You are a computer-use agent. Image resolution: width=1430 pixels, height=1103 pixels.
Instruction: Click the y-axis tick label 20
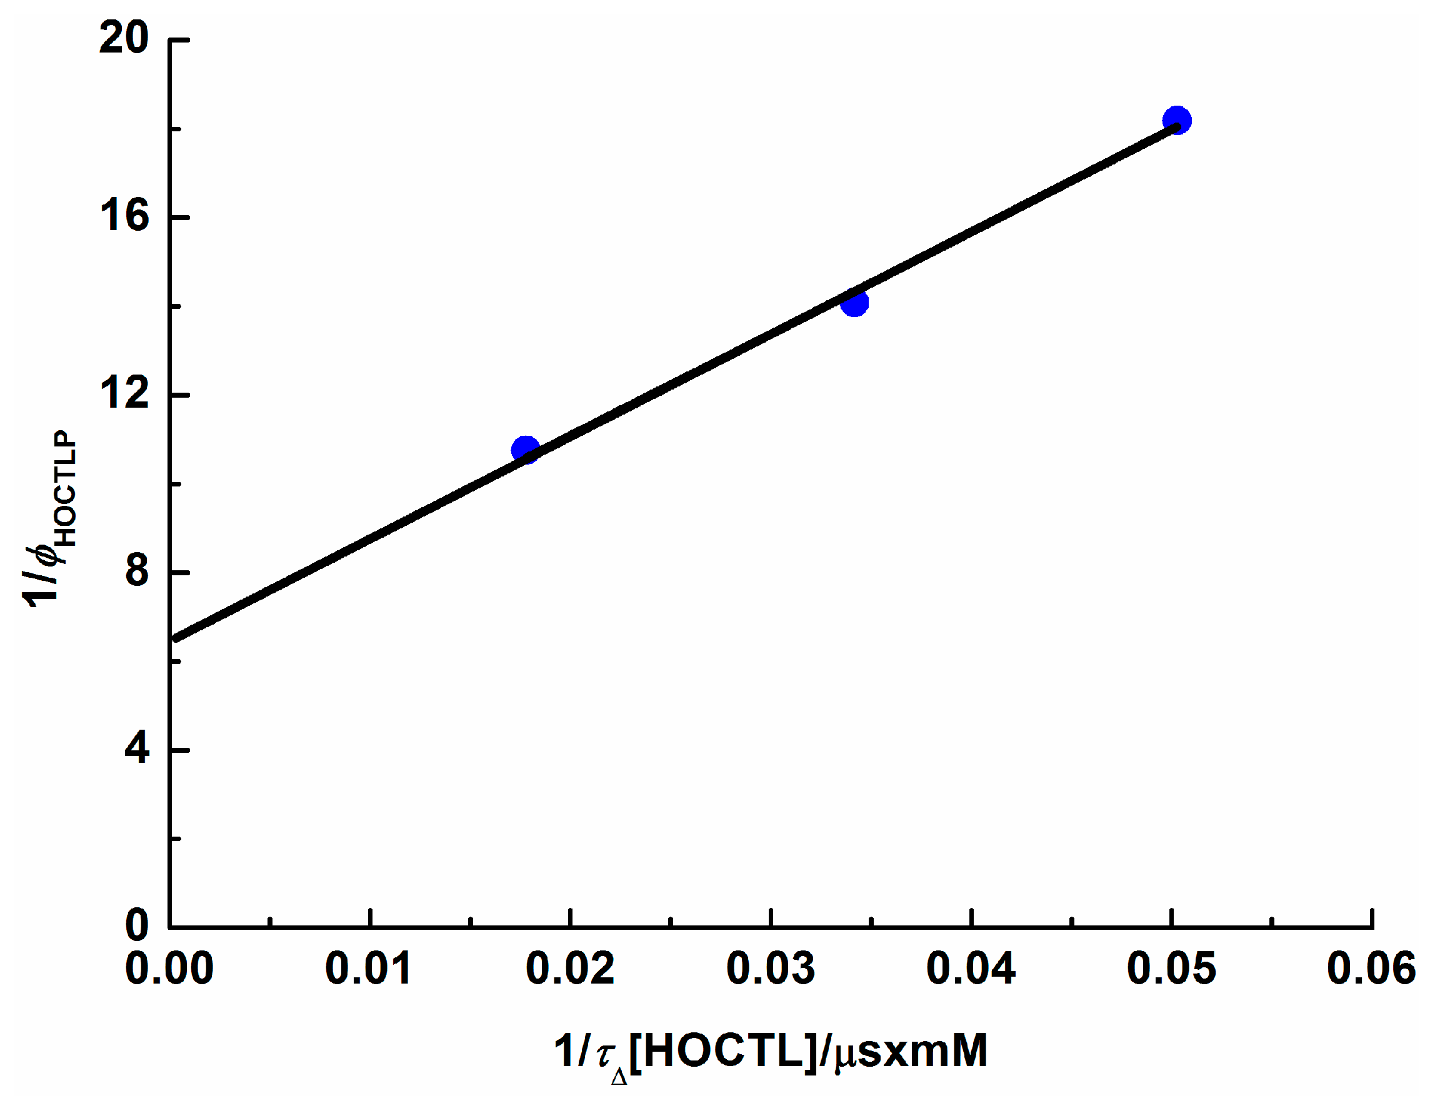tap(124, 38)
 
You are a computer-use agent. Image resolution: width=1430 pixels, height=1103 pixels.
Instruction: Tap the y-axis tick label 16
tap(124, 216)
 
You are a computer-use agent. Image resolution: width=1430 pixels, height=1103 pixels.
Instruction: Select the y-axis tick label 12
tap(124, 394)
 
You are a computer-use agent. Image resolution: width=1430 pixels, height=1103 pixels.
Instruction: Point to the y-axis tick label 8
tap(137, 571)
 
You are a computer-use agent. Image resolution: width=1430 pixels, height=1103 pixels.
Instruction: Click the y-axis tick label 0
tap(137, 925)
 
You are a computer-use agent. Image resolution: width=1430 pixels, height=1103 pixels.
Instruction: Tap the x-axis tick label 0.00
tap(169, 968)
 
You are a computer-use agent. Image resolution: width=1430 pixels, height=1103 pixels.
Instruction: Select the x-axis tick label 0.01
tap(369, 968)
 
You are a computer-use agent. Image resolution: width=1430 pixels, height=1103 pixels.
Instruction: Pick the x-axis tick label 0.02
tap(569, 968)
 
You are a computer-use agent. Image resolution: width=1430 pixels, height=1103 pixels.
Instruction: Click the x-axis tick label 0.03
tap(771, 968)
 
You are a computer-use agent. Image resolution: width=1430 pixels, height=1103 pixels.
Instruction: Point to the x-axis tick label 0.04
tap(971, 968)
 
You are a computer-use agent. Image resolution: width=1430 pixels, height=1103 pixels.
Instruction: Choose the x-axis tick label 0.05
tap(1171, 968)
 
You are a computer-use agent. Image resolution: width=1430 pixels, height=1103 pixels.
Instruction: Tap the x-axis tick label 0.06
tap(1371, 968)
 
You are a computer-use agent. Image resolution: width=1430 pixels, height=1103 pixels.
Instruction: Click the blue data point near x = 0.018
tap(525, 450)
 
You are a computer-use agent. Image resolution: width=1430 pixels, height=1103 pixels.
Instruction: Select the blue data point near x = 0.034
tap(854, 302)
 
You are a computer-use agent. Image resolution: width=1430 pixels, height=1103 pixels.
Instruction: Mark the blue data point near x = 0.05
tap(1177, 120)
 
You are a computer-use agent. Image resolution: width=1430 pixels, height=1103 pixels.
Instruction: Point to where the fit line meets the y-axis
tap(173, 638)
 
